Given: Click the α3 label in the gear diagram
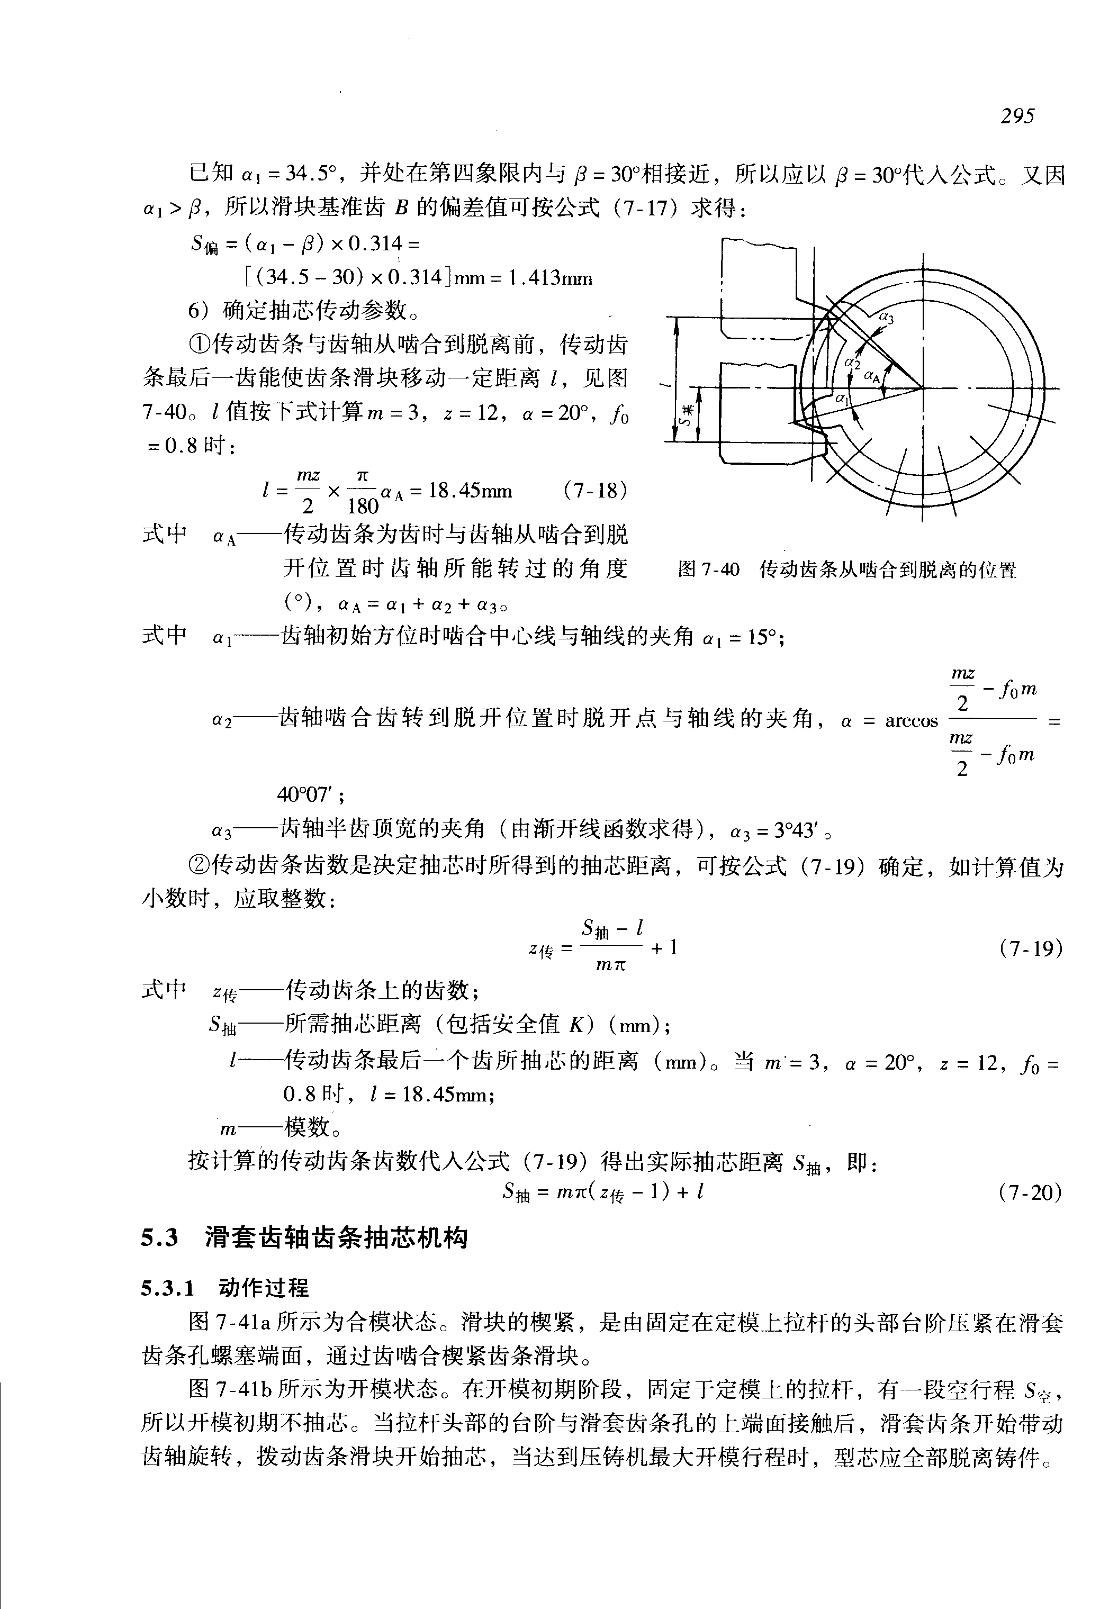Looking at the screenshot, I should [x=886, y=318].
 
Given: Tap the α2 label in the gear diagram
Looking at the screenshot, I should [x=852, y=363].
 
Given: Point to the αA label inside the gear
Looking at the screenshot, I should [x=872, y=376].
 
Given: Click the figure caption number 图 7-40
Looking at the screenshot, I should [x=708, y=570].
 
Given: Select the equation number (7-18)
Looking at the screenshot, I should [x=594, y=490].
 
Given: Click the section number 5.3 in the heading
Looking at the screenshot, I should [x=160, y=1239].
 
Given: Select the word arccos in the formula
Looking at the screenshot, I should [x=912, y=721].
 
